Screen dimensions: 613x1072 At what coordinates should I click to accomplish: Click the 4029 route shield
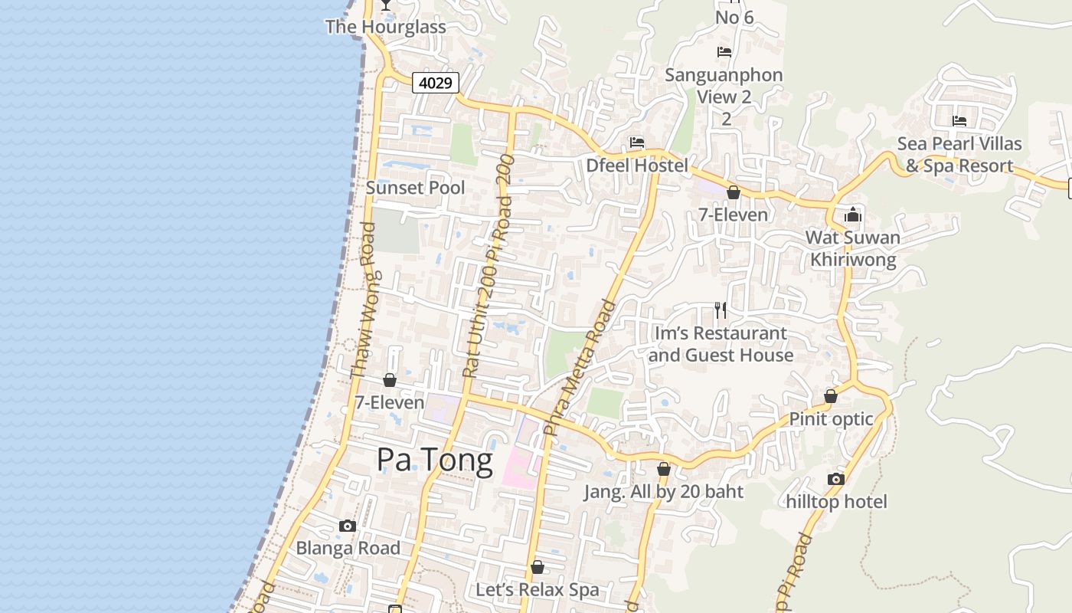(x=436, y=83)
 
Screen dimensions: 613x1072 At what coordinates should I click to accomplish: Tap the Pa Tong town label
(x=434, y=460)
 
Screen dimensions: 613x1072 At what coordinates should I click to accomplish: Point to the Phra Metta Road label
(x=579, y=368)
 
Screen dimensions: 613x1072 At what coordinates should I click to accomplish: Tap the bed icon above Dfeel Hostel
(x=636, y=143)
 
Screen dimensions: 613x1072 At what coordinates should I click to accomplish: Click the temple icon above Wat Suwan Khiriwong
(x=853, y=215)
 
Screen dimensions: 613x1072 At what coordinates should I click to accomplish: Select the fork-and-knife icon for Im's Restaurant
(x=720, y=310)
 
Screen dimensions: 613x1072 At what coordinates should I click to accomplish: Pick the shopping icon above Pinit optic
(x=831, y=396)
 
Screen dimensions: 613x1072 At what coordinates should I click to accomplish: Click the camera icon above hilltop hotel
(x=836, y=480)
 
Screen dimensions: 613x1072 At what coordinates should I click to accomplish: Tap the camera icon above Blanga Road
(x=348, y=526)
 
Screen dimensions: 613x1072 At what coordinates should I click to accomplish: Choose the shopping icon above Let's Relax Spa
(x=538, y=567)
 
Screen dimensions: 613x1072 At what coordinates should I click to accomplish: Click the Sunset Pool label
(x=416, y=188)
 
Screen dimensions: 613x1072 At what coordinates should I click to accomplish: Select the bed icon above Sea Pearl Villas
(x=959, y=121)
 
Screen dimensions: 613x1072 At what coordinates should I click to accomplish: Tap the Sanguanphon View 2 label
(x=724, y=86)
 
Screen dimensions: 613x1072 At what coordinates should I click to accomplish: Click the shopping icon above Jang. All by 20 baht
(x=664, y=469)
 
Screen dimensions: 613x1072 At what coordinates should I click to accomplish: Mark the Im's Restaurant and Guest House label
(x=721, y=344)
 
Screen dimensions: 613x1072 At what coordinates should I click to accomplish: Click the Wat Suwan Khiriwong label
(x=853, y=248)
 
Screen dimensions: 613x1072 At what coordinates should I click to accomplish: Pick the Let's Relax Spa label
(x=538, y=590)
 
